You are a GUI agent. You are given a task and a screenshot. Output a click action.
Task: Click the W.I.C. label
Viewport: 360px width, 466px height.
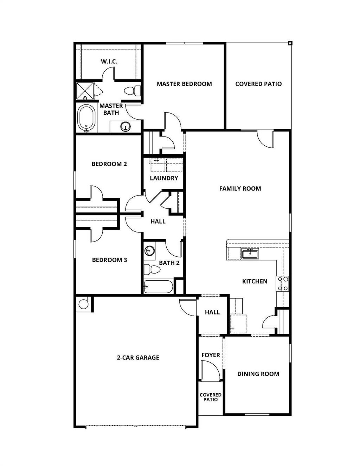tap(109, 62)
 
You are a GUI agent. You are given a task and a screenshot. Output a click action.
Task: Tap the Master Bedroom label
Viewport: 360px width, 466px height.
tap(184, 84)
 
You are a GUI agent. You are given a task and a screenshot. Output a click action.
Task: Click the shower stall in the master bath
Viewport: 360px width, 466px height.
tap(85, 91)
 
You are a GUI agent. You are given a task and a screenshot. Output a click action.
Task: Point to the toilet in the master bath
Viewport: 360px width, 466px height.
tap(132, 91)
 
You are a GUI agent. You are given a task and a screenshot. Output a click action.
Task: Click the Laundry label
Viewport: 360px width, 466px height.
tap(164, 178)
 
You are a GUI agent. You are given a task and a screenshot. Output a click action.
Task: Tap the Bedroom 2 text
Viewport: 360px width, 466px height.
tap(109, 164)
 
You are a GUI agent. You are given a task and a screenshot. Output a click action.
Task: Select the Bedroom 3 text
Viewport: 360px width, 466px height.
tap(109, 260)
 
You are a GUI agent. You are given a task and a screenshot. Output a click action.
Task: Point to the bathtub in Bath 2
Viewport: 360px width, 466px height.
tap(159, 287)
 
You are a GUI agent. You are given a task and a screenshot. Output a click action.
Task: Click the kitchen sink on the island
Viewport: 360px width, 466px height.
tap(250, 253)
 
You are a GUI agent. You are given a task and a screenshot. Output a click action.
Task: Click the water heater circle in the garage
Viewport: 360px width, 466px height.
tap(84, 304)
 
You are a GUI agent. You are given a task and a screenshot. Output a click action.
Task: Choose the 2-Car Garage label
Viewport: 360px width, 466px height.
tap(138, 358)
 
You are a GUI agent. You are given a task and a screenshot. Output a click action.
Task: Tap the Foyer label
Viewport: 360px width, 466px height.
tap(211, 355)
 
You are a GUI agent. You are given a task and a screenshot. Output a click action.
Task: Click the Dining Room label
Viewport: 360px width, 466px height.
tap(258, 374)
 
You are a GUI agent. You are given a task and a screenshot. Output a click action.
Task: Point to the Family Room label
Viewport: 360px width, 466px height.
tap(240, 189)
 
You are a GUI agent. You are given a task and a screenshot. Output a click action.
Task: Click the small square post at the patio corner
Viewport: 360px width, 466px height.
tap(290, 43)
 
